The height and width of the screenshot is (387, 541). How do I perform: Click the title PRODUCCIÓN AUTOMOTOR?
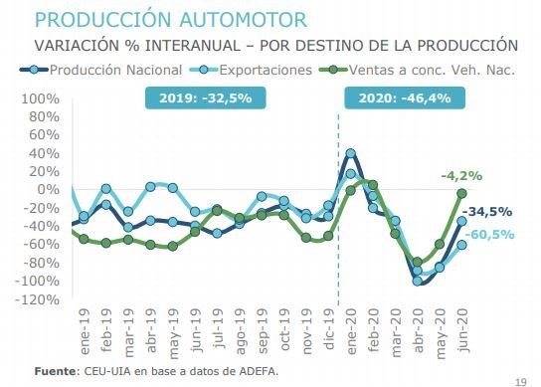[170, 19]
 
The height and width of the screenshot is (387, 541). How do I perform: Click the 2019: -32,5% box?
[205, 99]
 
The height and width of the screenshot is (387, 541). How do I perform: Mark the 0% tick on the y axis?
[48, 190]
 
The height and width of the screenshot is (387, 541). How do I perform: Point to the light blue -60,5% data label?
[490, 235]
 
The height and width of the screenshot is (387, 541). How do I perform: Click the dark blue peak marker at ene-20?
[350, 154]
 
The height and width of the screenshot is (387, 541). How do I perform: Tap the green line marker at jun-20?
[461, 193]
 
